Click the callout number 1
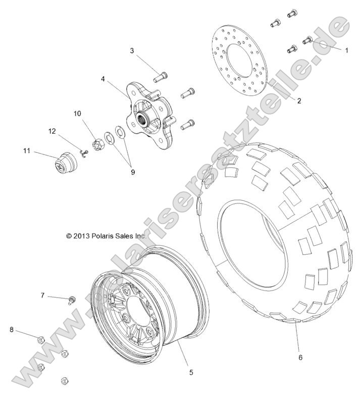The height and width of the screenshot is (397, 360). coord(346,50)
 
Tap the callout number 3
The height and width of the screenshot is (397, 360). coord(132,50)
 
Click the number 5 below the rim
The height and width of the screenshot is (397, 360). coord(191,372)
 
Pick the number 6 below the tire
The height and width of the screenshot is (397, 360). coord(300,357)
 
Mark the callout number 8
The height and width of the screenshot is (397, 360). coord(11,329)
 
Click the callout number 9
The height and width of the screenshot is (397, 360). coord(133,172)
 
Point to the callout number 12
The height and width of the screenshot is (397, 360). coord(52,132)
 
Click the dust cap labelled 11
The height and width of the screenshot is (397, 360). coord(63,162)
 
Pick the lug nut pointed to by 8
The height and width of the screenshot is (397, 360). coord(42,339)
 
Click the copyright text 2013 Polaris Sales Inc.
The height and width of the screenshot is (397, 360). coord(106,236)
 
